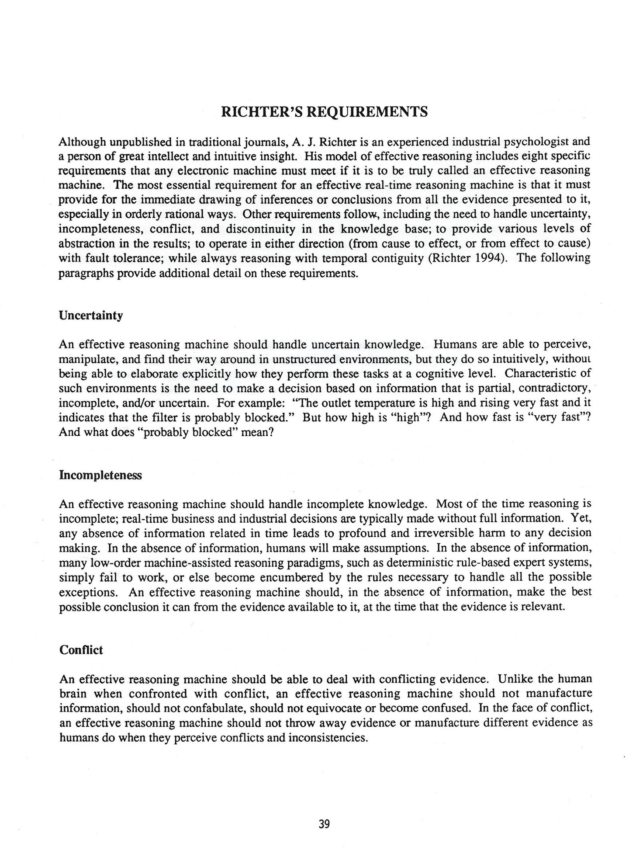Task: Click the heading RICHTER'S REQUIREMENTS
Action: coord(325,112)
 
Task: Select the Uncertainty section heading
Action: coord(91,316)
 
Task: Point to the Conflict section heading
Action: coord(81,650)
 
